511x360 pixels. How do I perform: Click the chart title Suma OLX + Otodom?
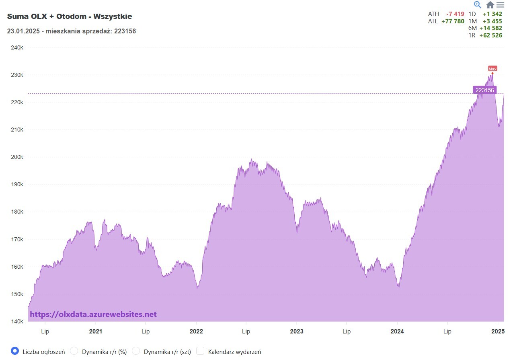click(70, 16)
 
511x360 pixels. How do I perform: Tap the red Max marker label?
click(493, 69)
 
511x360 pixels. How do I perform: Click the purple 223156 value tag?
click(484, 90)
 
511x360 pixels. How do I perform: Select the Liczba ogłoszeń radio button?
click(15, 351)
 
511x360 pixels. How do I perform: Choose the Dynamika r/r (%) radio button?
click(74, 351)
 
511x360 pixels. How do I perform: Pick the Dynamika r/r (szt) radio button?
click(136, 351)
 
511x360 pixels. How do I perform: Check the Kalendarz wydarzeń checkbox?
click(200, 351)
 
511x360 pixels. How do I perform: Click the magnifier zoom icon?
click(478, 5)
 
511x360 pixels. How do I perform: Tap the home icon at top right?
click(490, 5)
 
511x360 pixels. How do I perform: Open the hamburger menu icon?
click(500, 5)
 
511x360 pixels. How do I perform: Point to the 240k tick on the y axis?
click(16, 47)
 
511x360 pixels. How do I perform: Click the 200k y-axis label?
click(16, 157)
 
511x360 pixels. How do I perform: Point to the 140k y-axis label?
click(16, 321)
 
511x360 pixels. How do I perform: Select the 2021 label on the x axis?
click(95, 331)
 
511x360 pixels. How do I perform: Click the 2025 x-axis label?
click(498, 331)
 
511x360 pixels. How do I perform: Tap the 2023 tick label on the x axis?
click(296, 331)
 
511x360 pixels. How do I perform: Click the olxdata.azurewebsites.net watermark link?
click(93, 315)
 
